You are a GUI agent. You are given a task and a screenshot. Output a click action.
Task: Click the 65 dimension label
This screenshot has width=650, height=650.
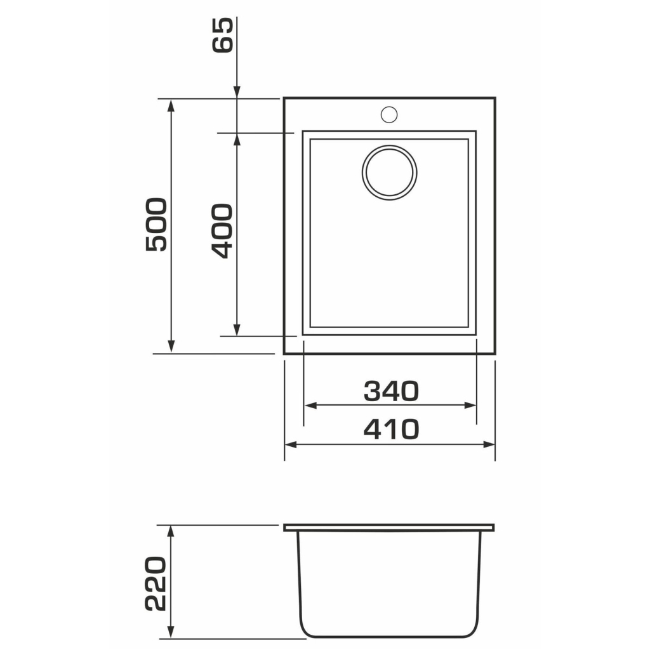(x=223, y=35)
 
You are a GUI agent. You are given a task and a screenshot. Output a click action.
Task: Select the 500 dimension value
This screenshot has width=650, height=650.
(x=157, y=225)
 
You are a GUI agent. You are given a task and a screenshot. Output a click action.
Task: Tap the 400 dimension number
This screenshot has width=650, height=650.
(x=222, y=231)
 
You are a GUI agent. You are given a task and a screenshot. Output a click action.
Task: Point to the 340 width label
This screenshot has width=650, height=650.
(x=391, y=391)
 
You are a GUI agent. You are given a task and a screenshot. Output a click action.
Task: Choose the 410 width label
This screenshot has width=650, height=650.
(x=391, y=429)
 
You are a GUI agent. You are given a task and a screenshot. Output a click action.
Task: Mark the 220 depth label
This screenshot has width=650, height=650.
(x=156, y=583)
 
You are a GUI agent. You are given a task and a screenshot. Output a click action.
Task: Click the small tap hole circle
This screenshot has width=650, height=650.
(x=389, y=114)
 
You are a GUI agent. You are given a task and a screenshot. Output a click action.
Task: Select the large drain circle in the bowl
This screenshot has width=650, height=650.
(x=389, y=173)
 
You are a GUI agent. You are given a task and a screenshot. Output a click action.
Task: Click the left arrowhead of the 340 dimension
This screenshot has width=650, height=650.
(x=311, y=405)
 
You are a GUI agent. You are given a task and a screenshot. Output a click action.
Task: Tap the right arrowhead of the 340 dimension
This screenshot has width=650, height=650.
(x=470, y=405)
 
